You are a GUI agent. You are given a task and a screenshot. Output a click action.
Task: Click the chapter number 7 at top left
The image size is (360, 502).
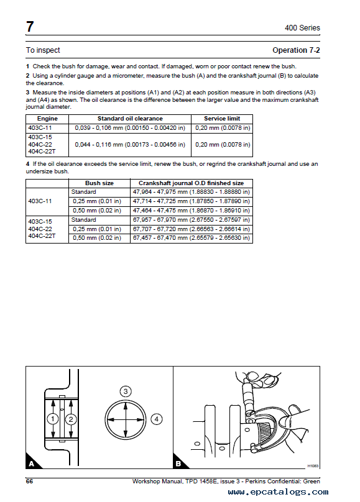click(x=30, y=27)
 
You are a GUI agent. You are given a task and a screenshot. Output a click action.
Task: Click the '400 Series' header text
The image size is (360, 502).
click(x=302, y=28)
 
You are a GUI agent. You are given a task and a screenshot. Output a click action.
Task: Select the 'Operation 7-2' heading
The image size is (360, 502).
click(x=296, y=50)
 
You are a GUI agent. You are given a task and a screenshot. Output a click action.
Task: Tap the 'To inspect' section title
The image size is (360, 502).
click(x=43, y=50)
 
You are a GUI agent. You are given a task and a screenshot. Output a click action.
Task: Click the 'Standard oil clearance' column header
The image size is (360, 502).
click(x=130, y=119)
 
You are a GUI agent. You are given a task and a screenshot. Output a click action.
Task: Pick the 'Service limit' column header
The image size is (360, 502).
click(x=222, y=119)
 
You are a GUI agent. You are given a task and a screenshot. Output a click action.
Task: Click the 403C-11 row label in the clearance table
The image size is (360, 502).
click(x=40, y=128)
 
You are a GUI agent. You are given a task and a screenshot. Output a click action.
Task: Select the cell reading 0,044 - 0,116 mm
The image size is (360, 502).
click(x=130, y=145)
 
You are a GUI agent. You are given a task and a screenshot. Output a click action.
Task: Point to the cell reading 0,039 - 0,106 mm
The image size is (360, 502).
click(x=130, y=128)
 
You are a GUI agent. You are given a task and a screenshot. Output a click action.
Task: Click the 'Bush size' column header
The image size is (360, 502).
click(x=99, y=183)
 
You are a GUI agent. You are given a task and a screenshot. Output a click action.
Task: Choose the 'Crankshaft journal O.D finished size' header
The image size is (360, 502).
click(x=192, y=183)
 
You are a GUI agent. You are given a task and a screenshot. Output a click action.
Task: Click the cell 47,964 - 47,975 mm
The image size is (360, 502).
click(x=192, y=192)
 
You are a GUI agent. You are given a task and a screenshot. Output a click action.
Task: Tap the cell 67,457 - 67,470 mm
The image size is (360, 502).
click(x=192, y=238)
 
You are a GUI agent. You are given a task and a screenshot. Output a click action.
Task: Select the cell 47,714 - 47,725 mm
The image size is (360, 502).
click(x=192, y=201)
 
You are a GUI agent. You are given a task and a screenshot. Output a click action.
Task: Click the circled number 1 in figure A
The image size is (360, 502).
click(x=52, y=419)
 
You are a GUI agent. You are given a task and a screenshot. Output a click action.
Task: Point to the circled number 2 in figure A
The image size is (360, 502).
click(x=71, y=419)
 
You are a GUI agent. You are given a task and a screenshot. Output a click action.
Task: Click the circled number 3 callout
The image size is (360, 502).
click(x=126, y=391)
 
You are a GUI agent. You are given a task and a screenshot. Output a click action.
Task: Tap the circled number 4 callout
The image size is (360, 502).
click(x=156, y=419)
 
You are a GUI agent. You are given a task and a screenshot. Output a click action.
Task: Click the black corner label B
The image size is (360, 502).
click(x=178, y=463)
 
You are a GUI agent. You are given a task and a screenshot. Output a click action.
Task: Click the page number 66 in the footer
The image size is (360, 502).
click(x=29, y=481)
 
